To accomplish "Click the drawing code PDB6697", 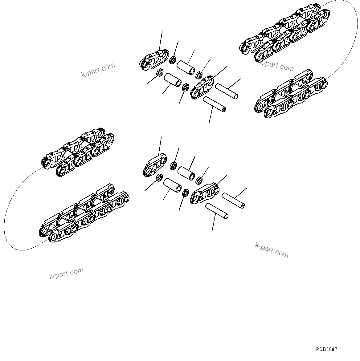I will (326, 349).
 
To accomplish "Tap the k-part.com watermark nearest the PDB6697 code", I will (272, 250).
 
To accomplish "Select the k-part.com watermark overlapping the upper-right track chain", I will (276, 65).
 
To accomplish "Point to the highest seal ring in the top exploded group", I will (173, 59).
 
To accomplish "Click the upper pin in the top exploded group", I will (227, 91).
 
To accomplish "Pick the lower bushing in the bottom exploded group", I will (173, 185).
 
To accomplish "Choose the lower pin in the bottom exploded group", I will (217, 211).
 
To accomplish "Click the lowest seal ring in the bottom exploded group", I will (186, 193).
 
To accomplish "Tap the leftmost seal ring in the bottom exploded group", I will (160, 178).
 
